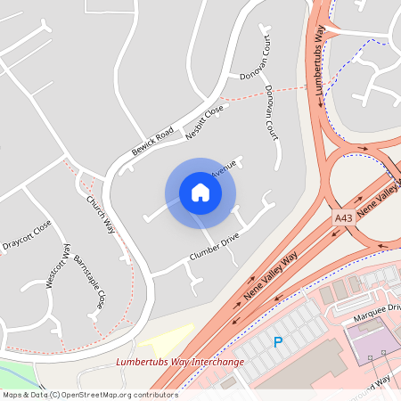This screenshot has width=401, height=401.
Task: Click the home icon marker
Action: pos(200,192)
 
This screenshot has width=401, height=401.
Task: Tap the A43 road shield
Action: pos(344,217)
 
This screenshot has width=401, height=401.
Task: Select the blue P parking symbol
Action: pos(278,341)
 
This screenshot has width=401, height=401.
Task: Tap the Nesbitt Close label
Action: pos(204,123)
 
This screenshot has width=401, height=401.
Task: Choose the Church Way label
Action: pos(101,214)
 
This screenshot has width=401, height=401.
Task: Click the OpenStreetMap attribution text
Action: pos(89,394)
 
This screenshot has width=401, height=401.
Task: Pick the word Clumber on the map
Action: pos(203,252)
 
